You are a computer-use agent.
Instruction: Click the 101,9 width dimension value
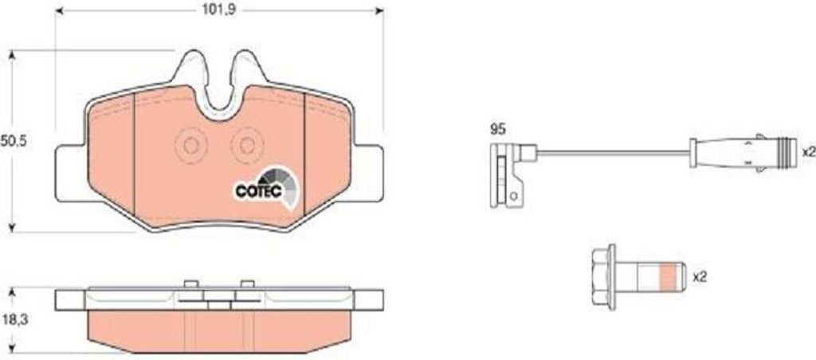click(218, 10)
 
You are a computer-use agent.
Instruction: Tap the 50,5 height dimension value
click(14, 140)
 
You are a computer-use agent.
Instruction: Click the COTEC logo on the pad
click(265, 187)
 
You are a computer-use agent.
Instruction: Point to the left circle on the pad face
click(190, 147)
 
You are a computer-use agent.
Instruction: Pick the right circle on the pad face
click(246, 147)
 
